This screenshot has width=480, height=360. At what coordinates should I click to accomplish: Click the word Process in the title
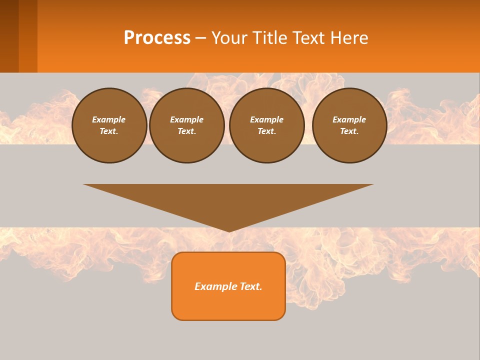(x=157, y=38)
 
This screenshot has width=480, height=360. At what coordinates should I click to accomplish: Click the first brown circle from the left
(x=109, y=125)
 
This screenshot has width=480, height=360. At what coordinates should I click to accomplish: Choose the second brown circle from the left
(x=186, y=125)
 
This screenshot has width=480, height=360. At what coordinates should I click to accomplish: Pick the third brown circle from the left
(x=266, y=125)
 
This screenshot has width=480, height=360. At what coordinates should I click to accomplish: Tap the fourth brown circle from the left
(x=349, y=125)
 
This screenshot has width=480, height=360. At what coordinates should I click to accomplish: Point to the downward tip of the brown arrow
(x=229, y=230)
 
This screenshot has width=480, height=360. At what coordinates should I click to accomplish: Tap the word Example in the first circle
(x=109, y=119)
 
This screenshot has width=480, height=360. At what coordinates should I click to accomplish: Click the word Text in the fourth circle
(x=349, y=131)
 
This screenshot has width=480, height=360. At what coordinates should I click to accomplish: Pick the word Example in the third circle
(x=266, y=119)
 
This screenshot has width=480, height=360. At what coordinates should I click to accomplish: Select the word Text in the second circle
(x=186, y=131)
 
